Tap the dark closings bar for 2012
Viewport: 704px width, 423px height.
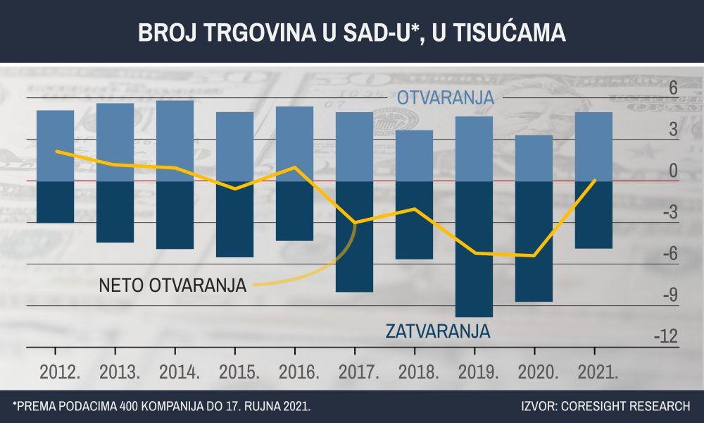(55, 202)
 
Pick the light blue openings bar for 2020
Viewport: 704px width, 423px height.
(534, 158)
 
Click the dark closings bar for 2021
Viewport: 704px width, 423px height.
(593, 215)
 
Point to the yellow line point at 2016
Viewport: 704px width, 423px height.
(294, 167)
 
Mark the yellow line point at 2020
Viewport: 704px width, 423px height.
(534, 256)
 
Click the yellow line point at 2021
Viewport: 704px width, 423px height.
(595, 180)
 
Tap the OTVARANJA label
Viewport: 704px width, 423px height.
(446, 99)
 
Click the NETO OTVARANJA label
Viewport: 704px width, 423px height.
(172, 286)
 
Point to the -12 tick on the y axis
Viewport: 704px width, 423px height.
(665, 336)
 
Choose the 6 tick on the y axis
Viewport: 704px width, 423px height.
(672, 89)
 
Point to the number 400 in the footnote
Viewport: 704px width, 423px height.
(130, 406)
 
